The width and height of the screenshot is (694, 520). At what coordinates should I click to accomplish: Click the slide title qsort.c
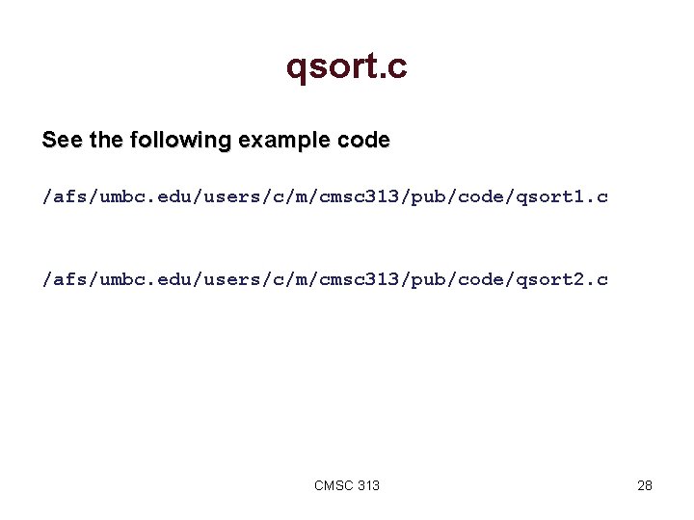(x=347, y=66)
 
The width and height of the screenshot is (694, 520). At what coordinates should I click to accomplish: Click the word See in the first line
(x=62, y=141)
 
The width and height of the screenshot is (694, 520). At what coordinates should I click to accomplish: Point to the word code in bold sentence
(x=364, y=141)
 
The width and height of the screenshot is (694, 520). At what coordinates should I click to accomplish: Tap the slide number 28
(x=645, y=485)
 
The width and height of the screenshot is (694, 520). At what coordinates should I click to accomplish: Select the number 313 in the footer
(x=368, y=485)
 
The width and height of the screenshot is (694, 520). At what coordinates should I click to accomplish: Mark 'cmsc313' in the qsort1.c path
(x=358, y=197)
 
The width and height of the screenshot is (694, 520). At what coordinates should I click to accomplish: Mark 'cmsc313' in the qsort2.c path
(x=358, y=280)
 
